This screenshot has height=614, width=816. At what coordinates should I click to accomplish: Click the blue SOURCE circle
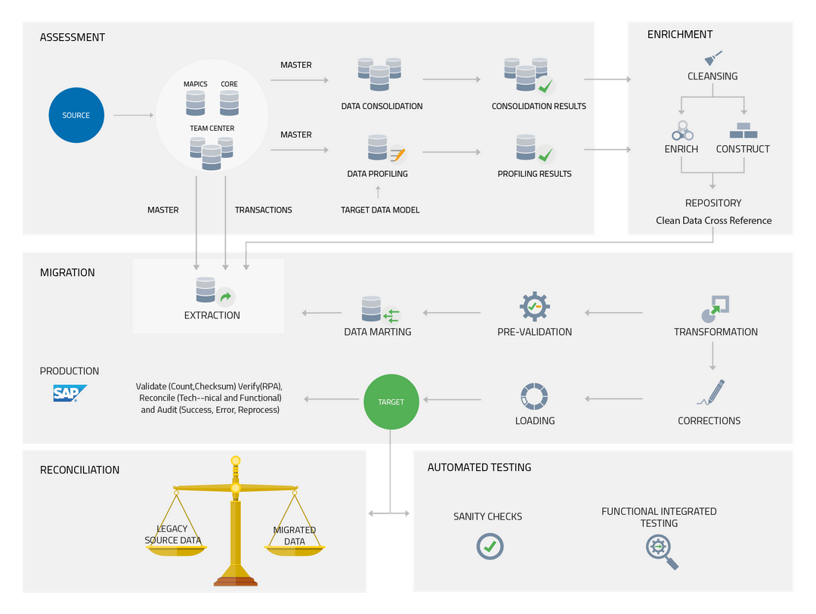coord(76,115)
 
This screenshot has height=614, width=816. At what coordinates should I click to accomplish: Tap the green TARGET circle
coord(391,402)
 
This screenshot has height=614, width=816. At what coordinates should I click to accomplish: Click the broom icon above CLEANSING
coord(712,57)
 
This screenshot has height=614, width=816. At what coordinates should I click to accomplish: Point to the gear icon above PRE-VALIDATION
coord(534,306)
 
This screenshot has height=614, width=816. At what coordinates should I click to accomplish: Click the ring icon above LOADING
coord(534,397)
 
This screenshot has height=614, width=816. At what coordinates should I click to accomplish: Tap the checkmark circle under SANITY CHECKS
coord(490,546)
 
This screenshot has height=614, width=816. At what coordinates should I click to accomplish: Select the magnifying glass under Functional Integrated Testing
coord(661,551)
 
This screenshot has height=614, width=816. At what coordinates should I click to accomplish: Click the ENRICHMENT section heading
coord(680,35)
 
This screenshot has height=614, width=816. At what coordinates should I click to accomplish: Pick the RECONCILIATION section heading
coord(79,470)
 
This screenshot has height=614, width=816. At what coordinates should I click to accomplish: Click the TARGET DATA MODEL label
coord(380,209)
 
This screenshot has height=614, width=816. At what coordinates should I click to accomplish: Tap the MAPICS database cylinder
coord(195,102)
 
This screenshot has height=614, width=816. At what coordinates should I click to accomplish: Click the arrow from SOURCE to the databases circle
coord(134,116)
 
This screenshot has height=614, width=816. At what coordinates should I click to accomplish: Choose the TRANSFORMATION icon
coord(716,306)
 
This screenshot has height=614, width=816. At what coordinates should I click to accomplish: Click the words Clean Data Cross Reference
coord(713,221)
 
